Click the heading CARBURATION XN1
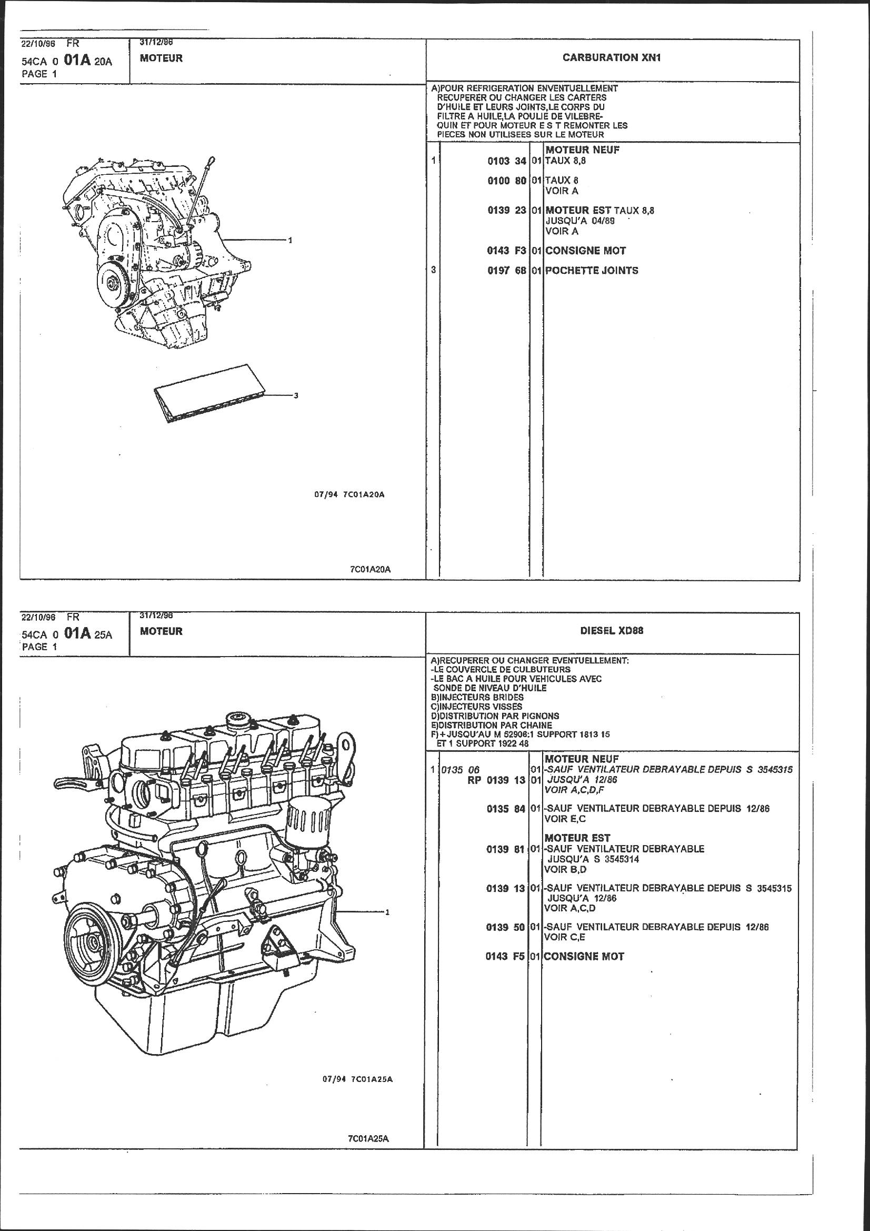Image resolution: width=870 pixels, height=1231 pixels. click(x=612, y=58)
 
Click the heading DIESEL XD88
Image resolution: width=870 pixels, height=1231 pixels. click(x=612, y=631)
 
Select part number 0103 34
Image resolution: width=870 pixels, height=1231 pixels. click(x=506, y=161)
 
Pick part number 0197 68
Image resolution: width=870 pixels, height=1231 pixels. click(x=506, y=271)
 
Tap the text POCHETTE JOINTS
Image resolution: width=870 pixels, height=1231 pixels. click(x=592, y=271)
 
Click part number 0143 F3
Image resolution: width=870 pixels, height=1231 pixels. click(x=506, y=251)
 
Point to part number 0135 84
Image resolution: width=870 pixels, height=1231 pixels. click(x=505, y=809)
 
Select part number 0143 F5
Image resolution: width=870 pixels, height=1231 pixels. click(x=505, y=957)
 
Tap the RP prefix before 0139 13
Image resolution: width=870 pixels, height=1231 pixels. click(x=474, y=780)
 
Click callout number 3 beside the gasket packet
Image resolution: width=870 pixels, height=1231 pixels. click(x=296, y=396)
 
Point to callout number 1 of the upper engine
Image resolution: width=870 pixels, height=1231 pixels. click(x=290, y=240)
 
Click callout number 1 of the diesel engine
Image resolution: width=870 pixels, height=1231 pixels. click(x=387, y=912)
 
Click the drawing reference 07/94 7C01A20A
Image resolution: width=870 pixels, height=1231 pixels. click(x=349, y=494)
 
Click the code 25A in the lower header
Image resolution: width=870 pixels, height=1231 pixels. click(x=103, y=635)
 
